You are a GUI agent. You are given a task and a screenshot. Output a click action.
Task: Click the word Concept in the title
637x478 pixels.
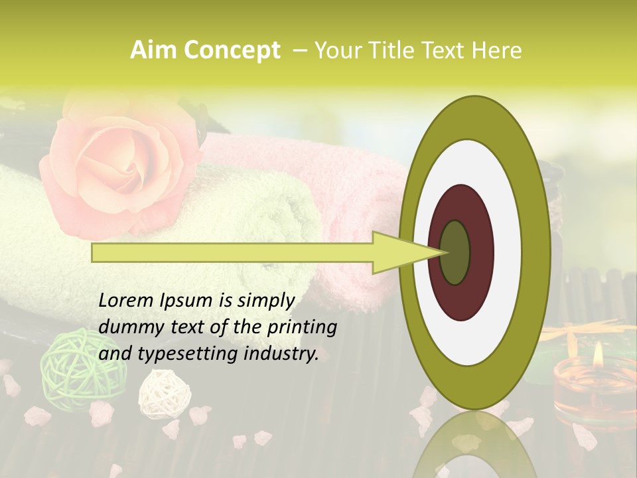click(x=230, y=50)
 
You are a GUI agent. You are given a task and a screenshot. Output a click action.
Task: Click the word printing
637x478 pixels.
click(x=302, y=327)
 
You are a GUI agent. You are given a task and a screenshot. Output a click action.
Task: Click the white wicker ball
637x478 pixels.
click(x=164, y=394)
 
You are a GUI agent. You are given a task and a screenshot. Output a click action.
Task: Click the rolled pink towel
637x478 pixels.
click(x=345, y=199)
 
